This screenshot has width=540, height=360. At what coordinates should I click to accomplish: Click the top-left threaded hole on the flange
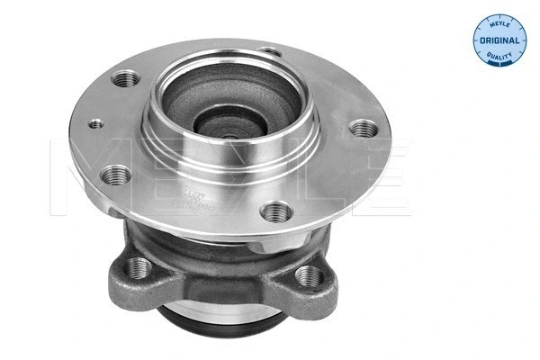tap(122, 81)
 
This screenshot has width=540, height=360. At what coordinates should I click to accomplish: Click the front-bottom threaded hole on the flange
tap(274, 212)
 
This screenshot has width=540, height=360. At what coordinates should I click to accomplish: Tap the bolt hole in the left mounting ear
tap(139, 266)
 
